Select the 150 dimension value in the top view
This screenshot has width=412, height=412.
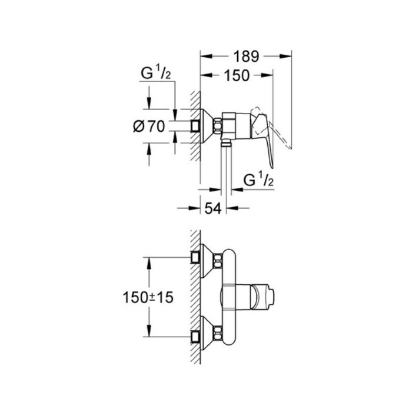click(x=237, y=75)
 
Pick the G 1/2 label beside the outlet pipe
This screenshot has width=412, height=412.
click(x=260, y=179)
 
